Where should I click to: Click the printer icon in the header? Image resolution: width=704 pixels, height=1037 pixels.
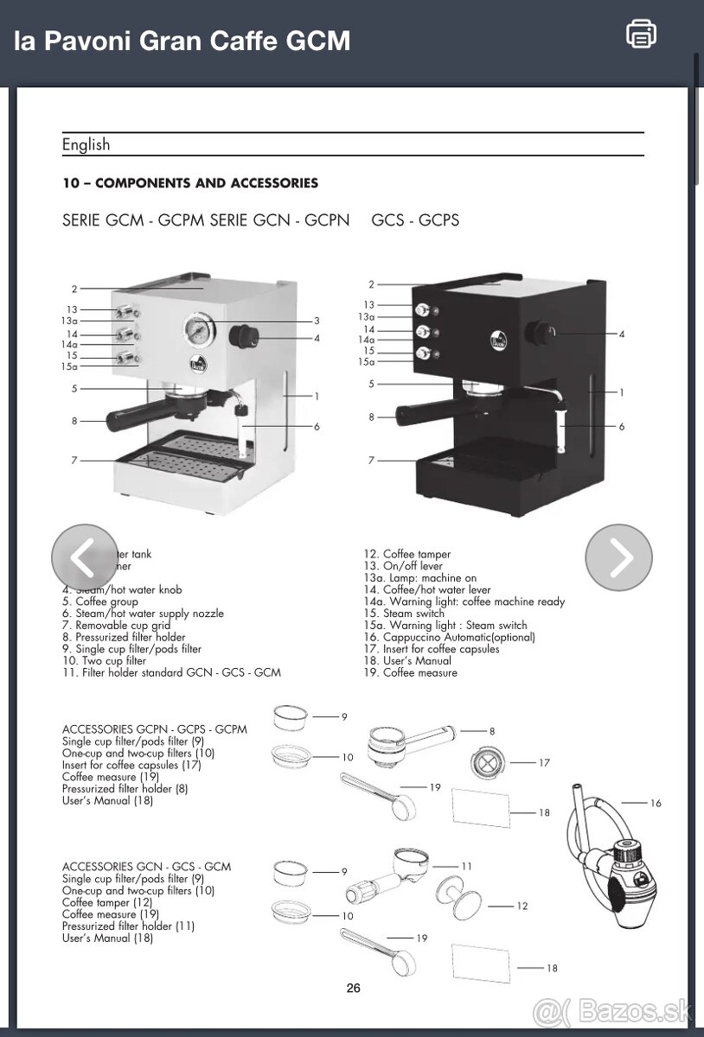pyautogui.click(x=641, y=34)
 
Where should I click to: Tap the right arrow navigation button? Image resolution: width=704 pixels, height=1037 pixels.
pyautogui.click(x=618, y=558)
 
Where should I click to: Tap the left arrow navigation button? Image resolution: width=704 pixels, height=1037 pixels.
pyautogui.click(x=84, y=558)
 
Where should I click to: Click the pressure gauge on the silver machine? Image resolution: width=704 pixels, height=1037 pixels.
pyautogui.click(x=196, y=329)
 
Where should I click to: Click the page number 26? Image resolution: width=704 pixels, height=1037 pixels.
pyautogui.click(x=353, y=989)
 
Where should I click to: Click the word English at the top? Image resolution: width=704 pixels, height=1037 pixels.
pyautogui.click(x=86, y=145)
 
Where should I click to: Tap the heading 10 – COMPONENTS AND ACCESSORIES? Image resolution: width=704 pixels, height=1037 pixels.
pyautogui.click(x=190, y=183)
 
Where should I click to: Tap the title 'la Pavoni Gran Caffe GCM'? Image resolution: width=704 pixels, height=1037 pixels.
pyautogui.click(x=182, y=41)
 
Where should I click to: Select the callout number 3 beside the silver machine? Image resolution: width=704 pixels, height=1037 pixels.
pyautogui.click(x=317, y=321)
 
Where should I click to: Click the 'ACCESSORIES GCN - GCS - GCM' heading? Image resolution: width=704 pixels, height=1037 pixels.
pyautogui.click(x=146, y=866)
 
